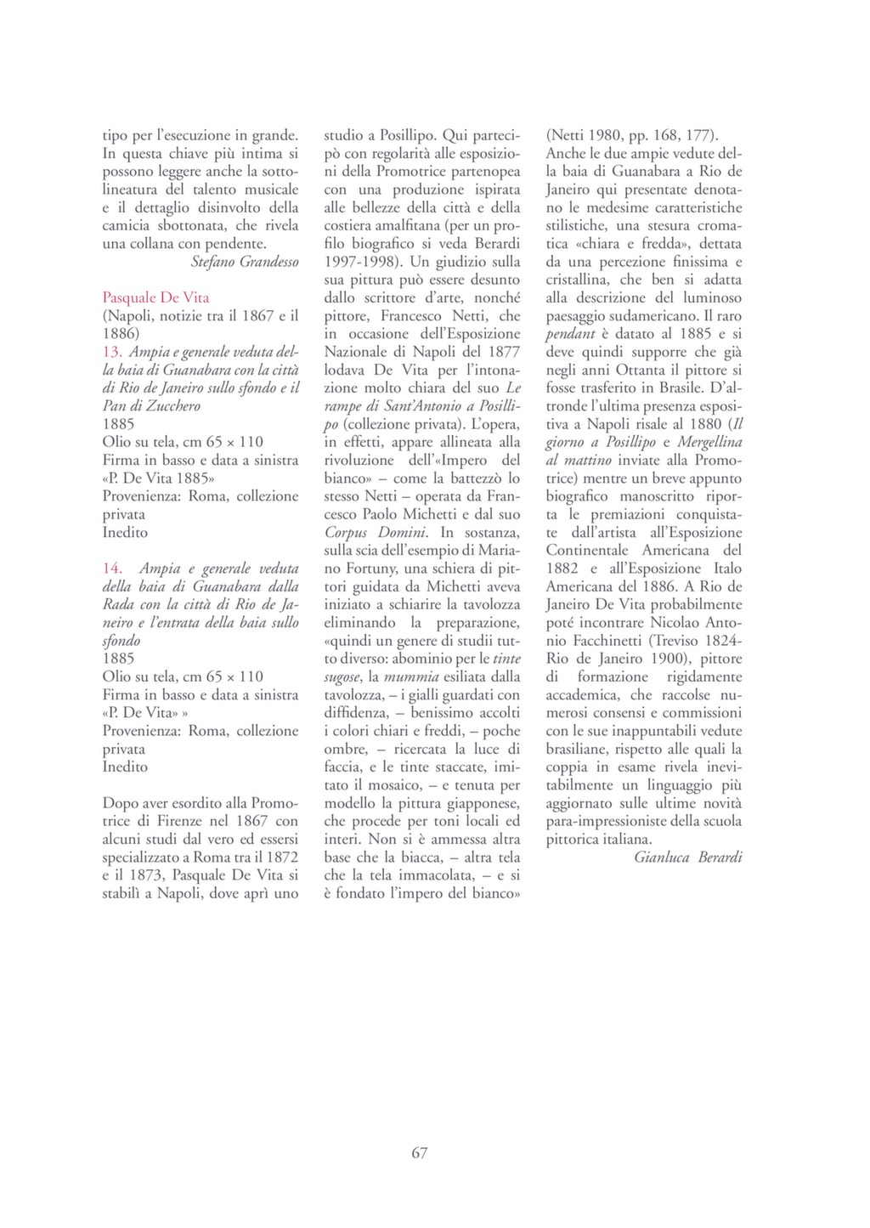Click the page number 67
(x=419, y=1152)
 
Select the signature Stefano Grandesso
(x=245, y=262)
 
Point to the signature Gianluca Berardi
(x=688, y=857)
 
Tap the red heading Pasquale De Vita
(x=155, y=297)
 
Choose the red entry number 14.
(x=113, y=569)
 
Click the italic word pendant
(x=570, y=334)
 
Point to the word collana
(x=154, y=243)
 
